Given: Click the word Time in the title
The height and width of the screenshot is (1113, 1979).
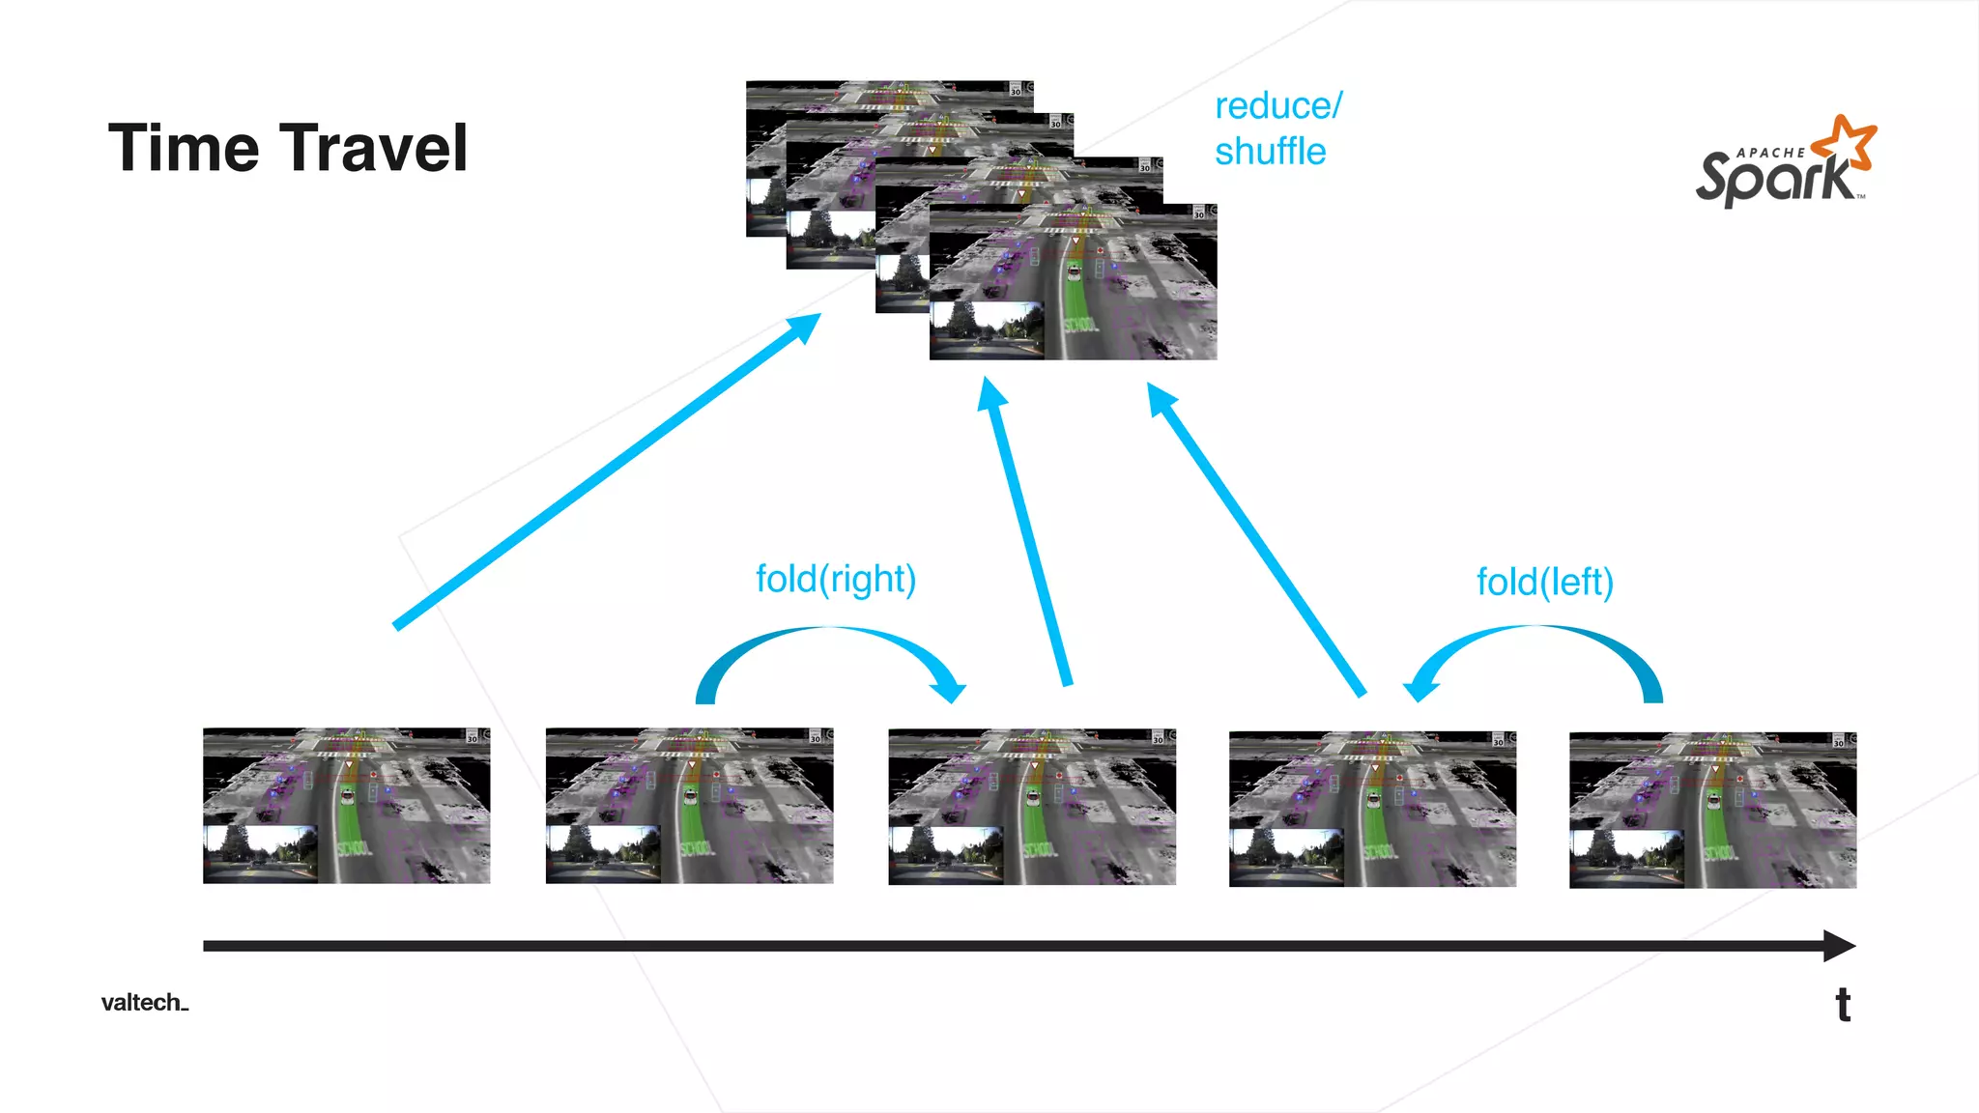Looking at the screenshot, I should click(x=183, y=149).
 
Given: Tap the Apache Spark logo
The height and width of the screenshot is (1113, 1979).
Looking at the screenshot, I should click(x=1783, y=164).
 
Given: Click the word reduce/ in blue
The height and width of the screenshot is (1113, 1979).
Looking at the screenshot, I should click(x=1277, y=106).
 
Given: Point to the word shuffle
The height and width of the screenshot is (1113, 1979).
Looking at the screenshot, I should click(x=1270, y=152).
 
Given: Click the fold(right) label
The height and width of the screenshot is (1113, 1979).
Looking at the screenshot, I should click(x=836, y=580).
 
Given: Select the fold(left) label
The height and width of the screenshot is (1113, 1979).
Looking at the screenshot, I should click(x=1544, y=583).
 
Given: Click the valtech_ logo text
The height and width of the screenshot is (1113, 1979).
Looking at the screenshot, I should click(x=144, y=1003).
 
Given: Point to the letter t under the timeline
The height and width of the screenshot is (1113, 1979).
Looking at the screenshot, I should click(x=1843, y=1005).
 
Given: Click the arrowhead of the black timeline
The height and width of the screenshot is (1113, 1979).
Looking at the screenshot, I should click(x=1839, y=946).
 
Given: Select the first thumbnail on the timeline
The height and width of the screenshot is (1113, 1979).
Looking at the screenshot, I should click(x=346, y=806).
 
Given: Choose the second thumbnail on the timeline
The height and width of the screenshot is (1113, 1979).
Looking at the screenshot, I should click(x=689, y=806).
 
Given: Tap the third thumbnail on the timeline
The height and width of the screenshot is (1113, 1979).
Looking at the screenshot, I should click(x=1032, y=807).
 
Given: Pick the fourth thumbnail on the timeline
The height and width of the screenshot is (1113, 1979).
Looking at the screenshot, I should click(x=1372, y=809).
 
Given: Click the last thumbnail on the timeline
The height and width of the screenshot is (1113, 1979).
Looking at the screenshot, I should click(x=1712, y=810).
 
